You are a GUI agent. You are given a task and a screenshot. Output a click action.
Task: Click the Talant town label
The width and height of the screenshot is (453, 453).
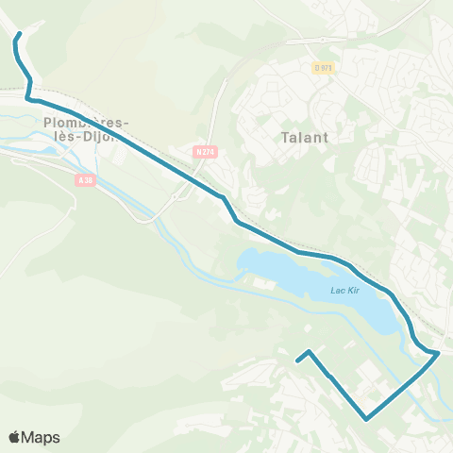tap(304, 137)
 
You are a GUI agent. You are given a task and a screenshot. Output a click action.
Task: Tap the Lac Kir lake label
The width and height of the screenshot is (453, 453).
tap(346, 290)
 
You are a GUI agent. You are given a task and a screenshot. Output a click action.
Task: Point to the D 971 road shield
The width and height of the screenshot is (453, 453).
tap(325, 67)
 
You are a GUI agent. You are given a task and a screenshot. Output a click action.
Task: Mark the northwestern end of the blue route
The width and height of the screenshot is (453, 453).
tap(19, 37)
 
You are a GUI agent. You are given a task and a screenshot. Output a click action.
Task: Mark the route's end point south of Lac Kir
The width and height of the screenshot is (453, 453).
tap(298, 361)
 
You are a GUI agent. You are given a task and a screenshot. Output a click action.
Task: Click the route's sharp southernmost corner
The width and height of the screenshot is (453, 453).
tap(366, 418)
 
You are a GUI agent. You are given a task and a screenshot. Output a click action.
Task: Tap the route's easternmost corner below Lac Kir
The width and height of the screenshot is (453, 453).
tap(439, 354)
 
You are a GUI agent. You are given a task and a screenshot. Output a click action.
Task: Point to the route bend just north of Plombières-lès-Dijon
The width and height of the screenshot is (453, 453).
tap(28, 97)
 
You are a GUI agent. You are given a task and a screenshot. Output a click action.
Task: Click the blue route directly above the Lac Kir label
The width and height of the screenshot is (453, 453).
tap(346, 263)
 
